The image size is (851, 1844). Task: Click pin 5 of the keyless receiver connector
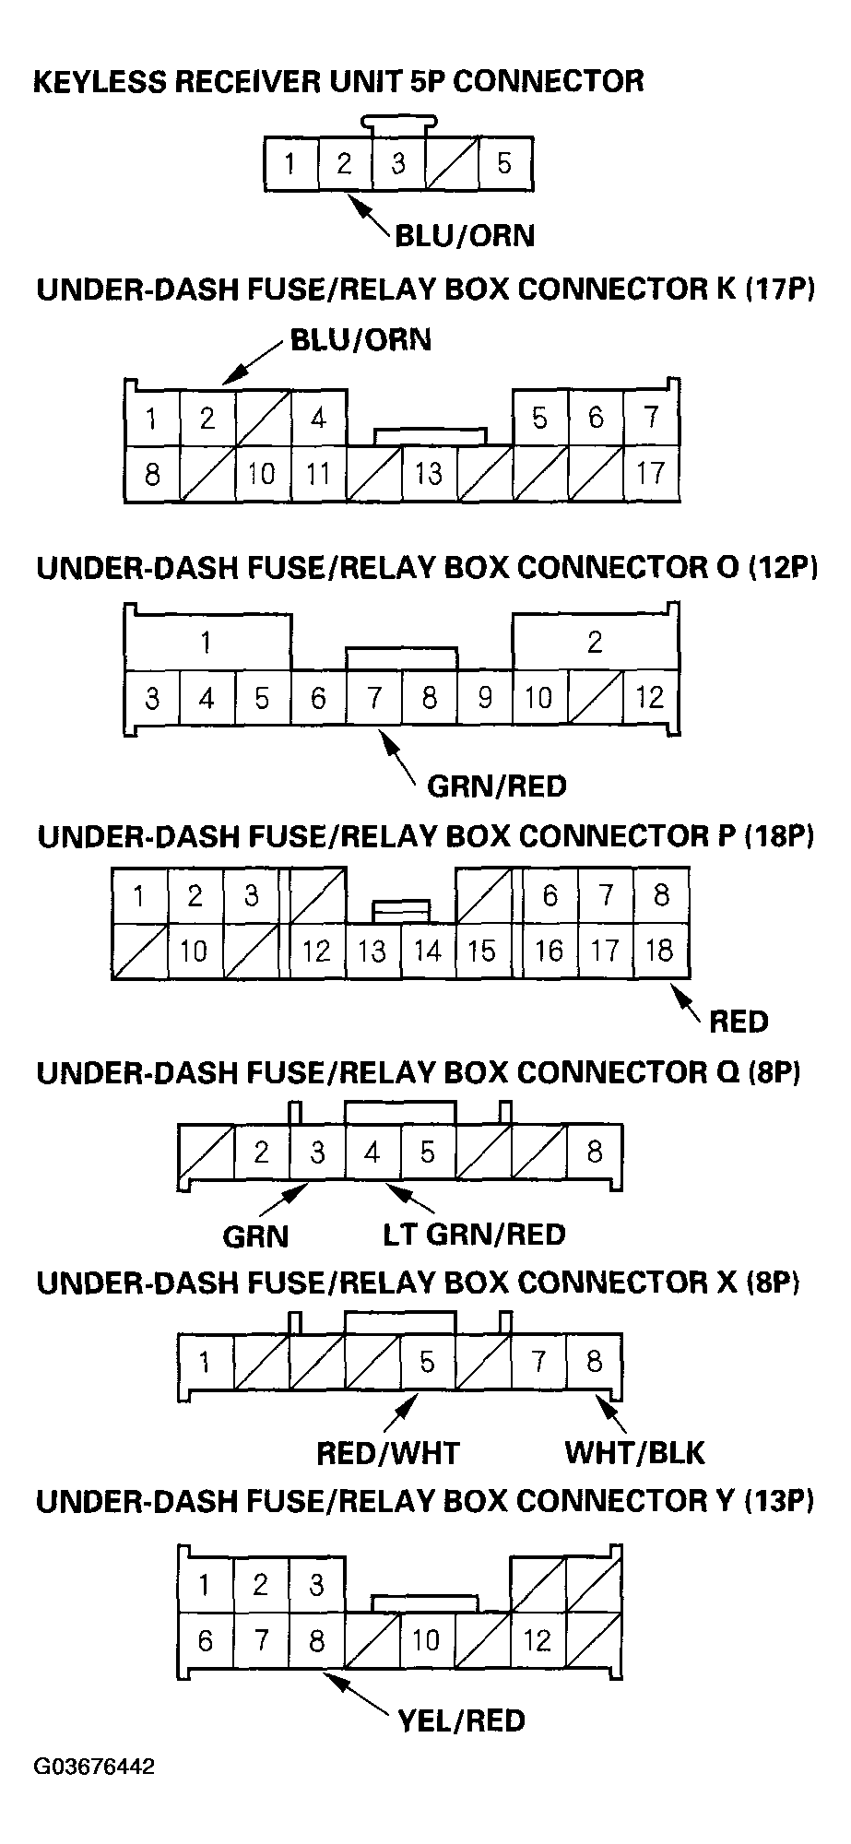click(x=503, y=164)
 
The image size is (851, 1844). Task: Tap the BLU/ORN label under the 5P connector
click(x=464, y=236)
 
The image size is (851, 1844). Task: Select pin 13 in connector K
click(x=428, y=474)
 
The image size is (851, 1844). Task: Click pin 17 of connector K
click(x=650, y=474)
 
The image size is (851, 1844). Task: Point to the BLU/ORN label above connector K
click(x=360, y=340)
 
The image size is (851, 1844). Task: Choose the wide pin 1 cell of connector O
click(x=207, y=642)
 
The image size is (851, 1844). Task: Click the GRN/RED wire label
click(x=496, y=786)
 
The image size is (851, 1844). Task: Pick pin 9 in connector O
click(x=484, y=698)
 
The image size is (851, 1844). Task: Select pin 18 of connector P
click(x=660, y=951)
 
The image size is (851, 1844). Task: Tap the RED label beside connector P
click(x=739, y=1022)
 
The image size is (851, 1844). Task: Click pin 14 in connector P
click(x=428, y=951)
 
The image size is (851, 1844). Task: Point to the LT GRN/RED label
click(x=474, y=1235)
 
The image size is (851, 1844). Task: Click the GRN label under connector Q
click(x=255, y=1235)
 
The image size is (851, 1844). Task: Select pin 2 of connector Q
click(x=262, y=1152)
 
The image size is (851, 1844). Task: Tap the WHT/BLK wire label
click(x=634, y=1454)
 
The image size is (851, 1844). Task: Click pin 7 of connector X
click(x=538, y=1362)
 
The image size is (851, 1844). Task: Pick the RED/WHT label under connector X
click(x=387, y=1454)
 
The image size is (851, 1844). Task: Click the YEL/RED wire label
click(x=461, y=1720)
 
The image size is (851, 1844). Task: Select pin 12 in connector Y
click(x=537, y=1640)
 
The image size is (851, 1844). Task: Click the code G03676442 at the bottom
click(x=94, y=1767)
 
